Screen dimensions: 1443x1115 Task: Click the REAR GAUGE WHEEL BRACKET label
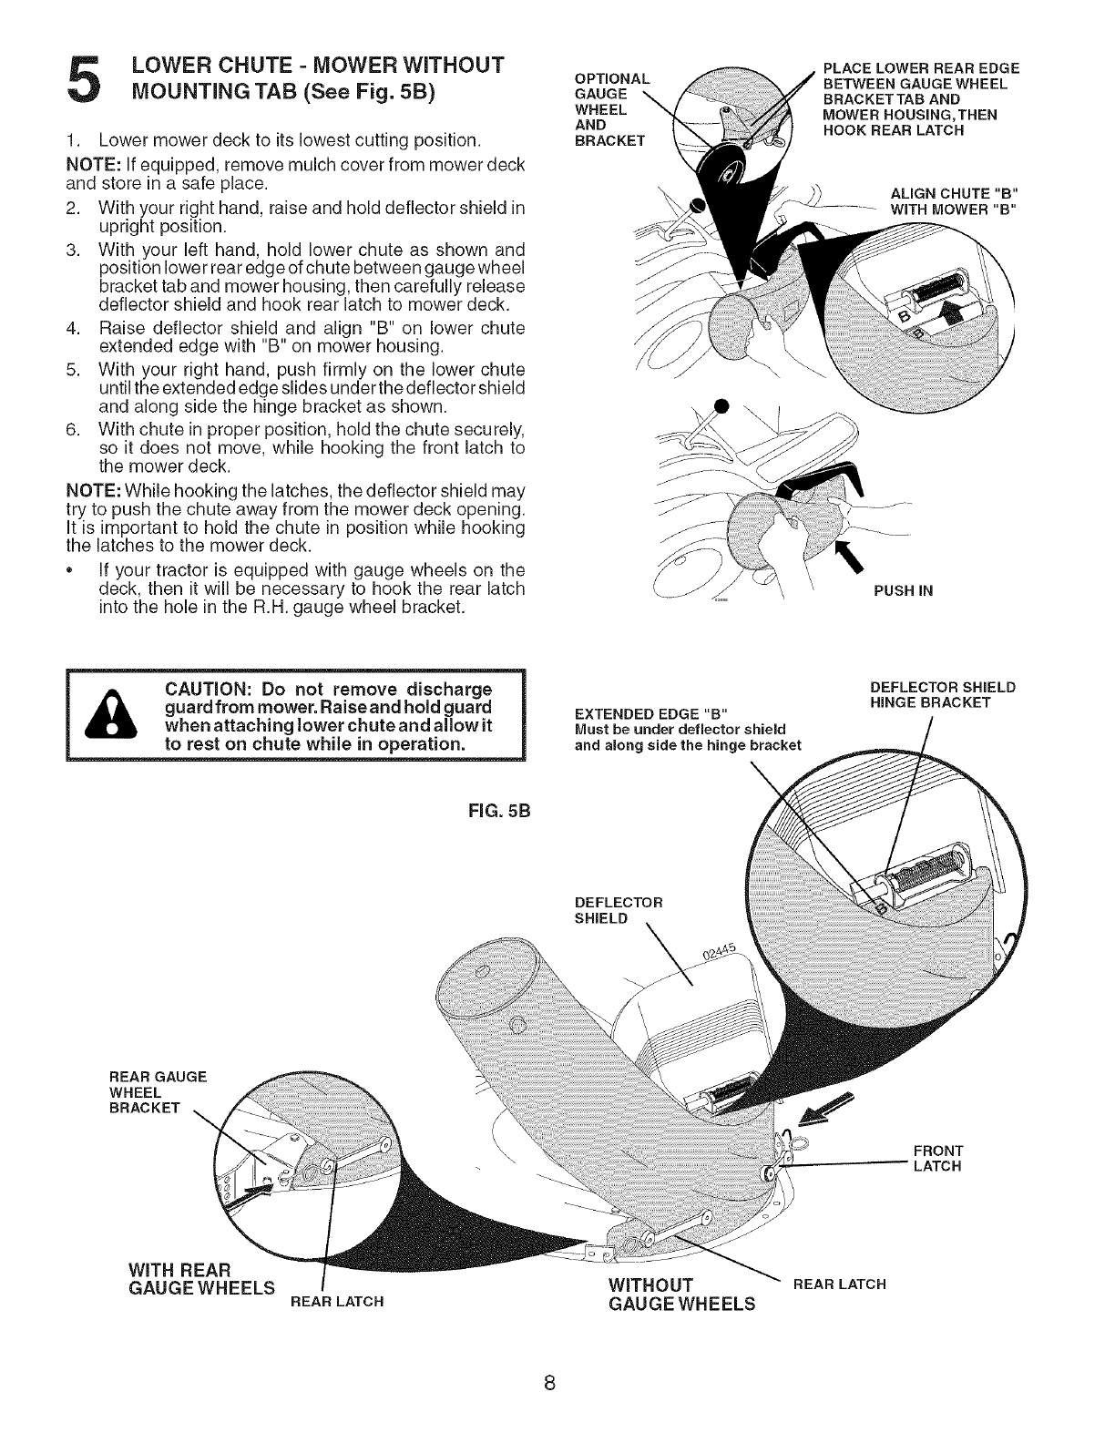[x=158, y=1091]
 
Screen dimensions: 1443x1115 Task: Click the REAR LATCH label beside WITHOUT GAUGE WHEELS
[x=839, y=1284]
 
